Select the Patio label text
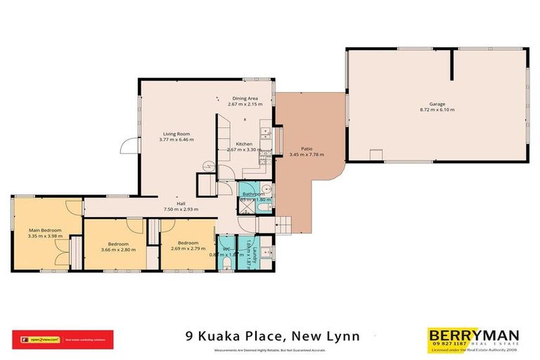pos(307,148)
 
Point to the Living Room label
pos(177,134)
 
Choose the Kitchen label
pos(244,143)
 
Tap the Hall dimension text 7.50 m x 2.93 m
pos(181,209)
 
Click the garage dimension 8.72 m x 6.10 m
pos(437,110)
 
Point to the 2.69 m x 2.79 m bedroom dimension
pos(187,249)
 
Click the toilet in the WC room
pos(226,262)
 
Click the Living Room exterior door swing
pos(129,146)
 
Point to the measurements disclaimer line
pos(270,349)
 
